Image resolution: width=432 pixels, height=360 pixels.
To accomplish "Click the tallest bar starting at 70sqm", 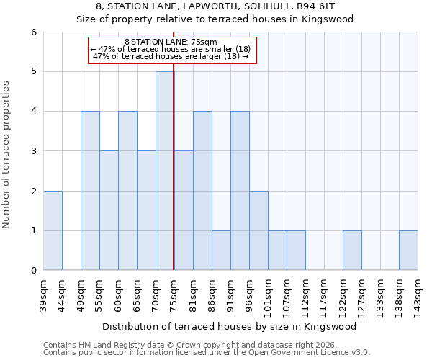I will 165,171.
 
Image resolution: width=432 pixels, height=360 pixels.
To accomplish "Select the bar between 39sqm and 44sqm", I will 53,230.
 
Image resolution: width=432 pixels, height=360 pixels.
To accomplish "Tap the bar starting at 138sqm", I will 408,251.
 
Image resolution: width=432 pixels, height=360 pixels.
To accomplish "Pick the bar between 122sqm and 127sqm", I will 352,251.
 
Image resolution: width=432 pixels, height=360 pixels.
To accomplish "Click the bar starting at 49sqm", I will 90,191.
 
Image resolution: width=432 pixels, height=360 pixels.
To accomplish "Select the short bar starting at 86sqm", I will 221,251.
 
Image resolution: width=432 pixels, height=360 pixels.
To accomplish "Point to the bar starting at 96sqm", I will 258,230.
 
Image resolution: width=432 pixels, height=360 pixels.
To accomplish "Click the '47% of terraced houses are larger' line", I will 171,56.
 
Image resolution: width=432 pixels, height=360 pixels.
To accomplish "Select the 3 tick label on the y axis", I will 33,151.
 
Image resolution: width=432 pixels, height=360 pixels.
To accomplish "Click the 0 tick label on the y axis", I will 33,271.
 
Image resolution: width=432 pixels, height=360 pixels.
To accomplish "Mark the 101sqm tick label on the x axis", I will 268,294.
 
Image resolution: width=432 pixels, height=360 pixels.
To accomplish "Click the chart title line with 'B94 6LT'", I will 215,6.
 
